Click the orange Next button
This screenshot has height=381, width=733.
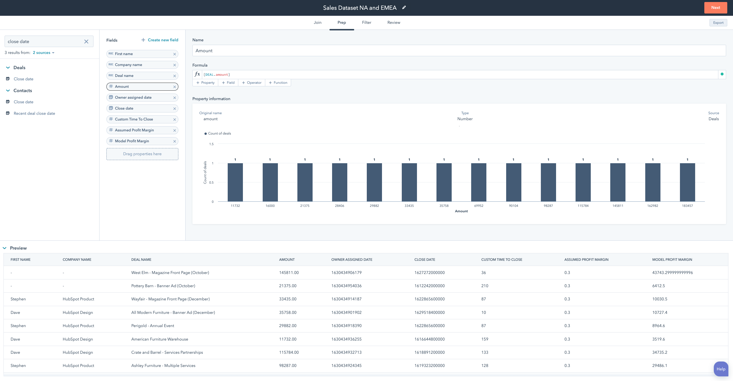pyautogui.click(x=715, y=8)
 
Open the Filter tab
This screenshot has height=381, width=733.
pyautogui.click(x=366, y=22)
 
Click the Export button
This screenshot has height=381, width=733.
pyautogui.click(x=718, y=23)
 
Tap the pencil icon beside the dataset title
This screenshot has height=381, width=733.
pyautogui.click(x=404, y=8)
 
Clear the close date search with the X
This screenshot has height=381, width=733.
pyautogui.click(x=86, y=42)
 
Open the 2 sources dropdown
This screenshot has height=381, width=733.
pyautogui.click(x=44, y=53)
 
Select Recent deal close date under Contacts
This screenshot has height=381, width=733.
pyautogui.click(x=34, y=113)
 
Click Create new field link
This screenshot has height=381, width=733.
pyautogui.click(x=160, y=40)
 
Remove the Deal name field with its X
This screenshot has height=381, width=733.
pyautogui.click(x=174, y=76)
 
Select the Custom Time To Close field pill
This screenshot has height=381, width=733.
pyautogui.click(x=134, y=119)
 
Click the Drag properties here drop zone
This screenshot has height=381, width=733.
pyautogui.click(x=142, y=154)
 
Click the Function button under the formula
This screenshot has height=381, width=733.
pyautogui.click(x=278, y=83)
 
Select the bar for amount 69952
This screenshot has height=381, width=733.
pyautogui.click(x=478, y=182)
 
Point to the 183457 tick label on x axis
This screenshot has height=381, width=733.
pyautogui.click(x=687, y=206)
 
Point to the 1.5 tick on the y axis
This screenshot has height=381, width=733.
pyautogui.click(x=211, y=144)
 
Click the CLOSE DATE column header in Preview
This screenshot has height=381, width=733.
pyautogui.click(x=424, y=260)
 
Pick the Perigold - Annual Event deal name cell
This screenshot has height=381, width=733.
pyautogui.click(x=153, y=326)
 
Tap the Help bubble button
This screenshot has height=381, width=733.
pyautogui.click(x=720, y=369)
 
